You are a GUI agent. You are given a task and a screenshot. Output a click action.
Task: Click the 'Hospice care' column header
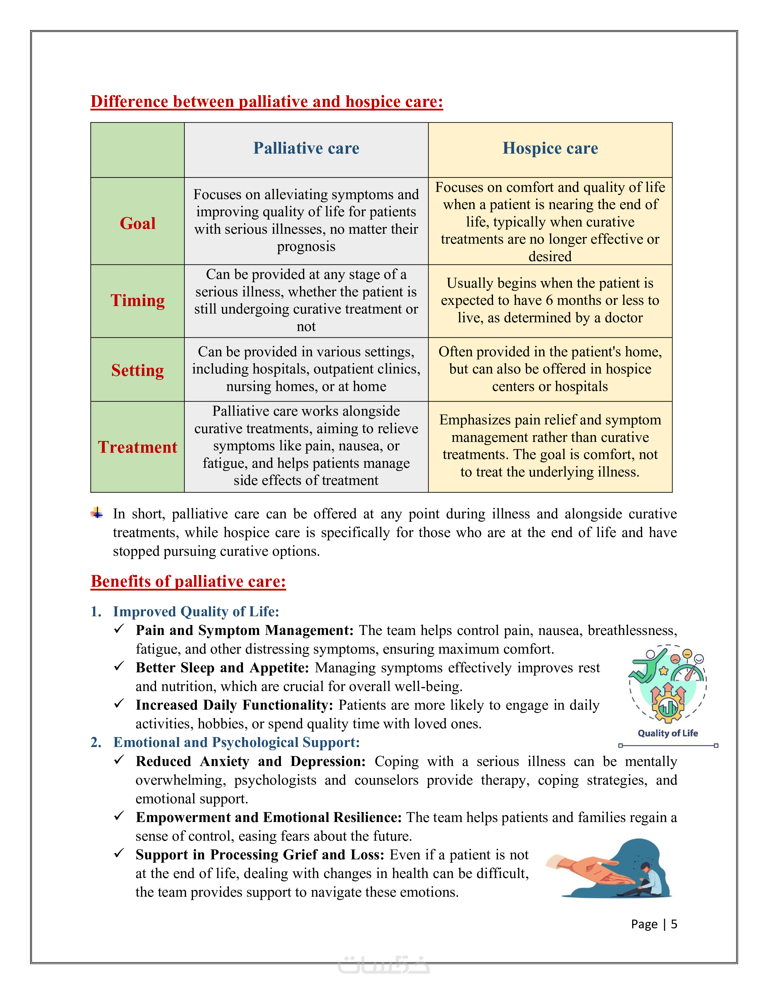pos(550,148)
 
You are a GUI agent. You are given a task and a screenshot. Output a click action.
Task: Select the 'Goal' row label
pos(137,223)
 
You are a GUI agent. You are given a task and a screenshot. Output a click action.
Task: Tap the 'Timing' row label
pos(137,301)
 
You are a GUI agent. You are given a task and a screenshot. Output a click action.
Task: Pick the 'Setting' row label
pos(137,370)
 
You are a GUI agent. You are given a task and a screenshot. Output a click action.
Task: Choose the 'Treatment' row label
pos(137,447)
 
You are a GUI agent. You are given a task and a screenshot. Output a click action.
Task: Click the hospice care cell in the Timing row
pos(550,300)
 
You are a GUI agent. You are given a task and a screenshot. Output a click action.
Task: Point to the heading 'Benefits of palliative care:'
pos(188,581)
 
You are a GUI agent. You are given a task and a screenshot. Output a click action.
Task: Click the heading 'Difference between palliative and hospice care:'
pos(267,102)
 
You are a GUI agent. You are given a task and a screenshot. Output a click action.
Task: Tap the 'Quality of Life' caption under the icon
pos(667,733)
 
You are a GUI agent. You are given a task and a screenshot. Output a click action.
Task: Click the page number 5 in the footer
pos(674,924)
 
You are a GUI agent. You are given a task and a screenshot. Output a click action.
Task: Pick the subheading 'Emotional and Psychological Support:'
pos(236,742)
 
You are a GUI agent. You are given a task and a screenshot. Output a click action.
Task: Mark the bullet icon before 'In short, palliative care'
pos(96,513)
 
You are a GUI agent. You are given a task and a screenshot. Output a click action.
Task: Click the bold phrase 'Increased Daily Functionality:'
pos(234,705)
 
